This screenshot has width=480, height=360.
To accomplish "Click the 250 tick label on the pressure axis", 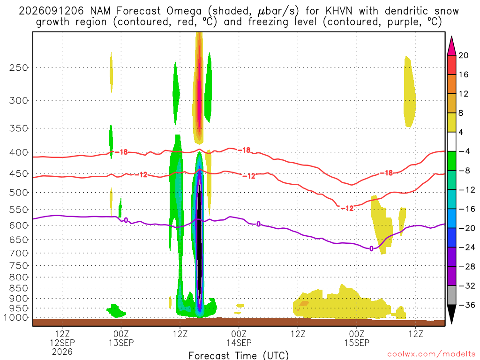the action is point(19,67).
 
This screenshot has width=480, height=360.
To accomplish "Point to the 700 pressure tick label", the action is point(19,253).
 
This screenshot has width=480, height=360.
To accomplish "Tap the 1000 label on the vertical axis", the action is point(16,318).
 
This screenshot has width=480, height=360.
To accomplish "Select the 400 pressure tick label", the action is point(19,152).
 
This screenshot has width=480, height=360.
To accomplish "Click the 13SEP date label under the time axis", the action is point(121,343).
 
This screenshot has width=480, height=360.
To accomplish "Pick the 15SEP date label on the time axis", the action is point(357,343).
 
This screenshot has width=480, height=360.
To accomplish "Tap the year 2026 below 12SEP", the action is point(62,352).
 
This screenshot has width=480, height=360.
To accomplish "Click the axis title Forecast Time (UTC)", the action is point(239,356).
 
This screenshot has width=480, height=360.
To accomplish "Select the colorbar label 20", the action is point(464,55).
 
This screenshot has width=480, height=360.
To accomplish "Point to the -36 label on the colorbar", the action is point(467,305).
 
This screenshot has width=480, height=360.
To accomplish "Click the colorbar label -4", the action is point(464,151).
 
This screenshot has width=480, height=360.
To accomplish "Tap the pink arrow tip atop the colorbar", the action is point(451,37).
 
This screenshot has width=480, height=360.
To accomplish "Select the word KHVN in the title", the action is point(338,11).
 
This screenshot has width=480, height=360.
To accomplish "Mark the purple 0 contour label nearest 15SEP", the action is point(371,249).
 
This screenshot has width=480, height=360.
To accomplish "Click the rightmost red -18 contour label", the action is point(386,173).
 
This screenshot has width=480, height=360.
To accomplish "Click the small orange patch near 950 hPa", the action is point(304,303).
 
